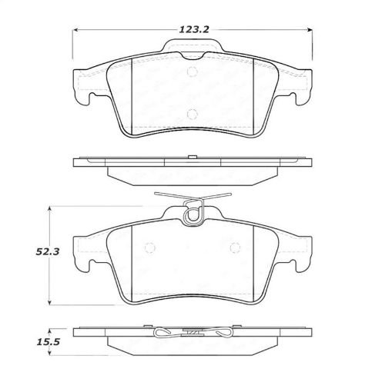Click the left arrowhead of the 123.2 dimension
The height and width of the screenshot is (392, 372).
[75, 31]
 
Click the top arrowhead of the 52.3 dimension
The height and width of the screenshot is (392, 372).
[51, 208]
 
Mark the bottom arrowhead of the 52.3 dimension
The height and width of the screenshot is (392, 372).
[51, 303]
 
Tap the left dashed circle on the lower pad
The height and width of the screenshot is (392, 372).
[150, 247]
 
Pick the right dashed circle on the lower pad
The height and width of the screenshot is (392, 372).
[231, 247]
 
